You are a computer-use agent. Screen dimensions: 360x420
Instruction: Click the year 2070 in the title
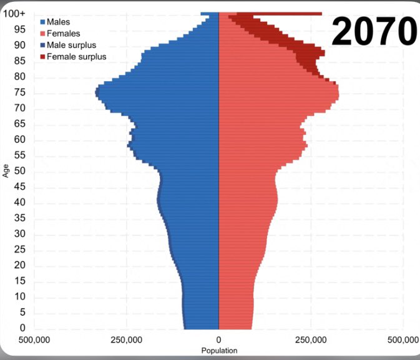click(x=373, y=31)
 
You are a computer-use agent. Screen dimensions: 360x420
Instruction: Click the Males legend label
click(x=59, y=22)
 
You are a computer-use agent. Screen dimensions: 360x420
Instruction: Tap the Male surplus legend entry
click(x=72, y=45)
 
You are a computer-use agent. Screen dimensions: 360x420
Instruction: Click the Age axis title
click(x=6, y=170)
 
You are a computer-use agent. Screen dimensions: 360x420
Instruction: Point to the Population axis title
click(x=219, y=351)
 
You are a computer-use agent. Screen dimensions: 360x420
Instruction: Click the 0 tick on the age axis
click(x=22, y=328)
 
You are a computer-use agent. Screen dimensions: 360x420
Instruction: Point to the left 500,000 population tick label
click(x=34, y=340)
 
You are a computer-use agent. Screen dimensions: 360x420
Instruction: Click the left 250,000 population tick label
click(x=127, y=340)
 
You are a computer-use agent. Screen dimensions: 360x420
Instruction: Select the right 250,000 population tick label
click(x=311, y=340)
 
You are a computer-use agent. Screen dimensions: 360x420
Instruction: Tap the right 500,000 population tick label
click(x=403, y=340)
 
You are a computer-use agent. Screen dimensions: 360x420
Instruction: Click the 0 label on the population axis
click(x=218, y=340)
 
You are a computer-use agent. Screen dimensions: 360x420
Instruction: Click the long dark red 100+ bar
click(x=287, y=14)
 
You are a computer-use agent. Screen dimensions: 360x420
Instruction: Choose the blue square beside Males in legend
click(x=42, y=22)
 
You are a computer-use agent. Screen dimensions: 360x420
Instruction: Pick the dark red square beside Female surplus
click(x=42, y=57)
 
